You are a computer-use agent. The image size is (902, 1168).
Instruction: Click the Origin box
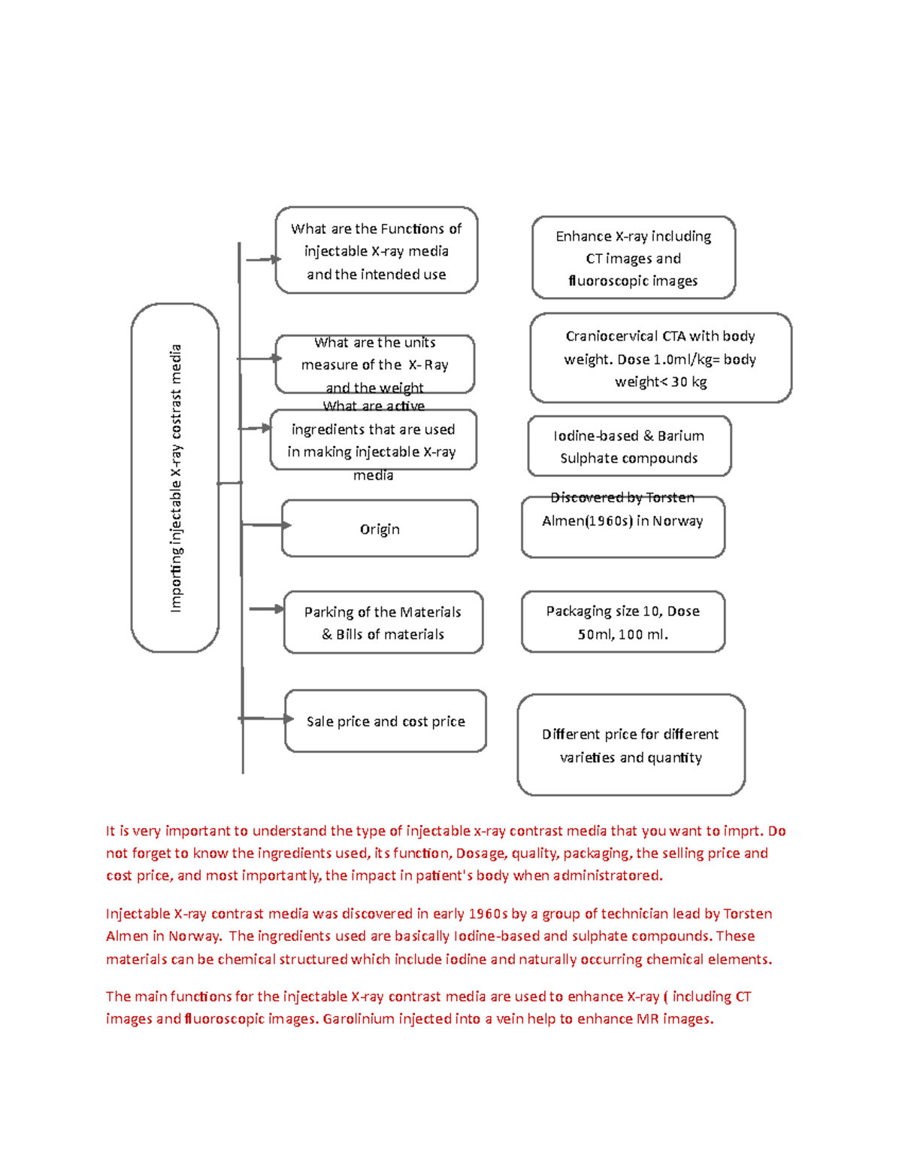(380, 529)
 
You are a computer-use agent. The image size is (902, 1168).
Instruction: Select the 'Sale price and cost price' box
(386, 721)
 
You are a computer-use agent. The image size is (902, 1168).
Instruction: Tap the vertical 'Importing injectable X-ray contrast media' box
(175, 478)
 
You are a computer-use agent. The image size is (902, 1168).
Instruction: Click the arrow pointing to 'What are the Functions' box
(263, 259)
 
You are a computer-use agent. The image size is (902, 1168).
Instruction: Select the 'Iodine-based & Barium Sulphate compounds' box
(629, 446)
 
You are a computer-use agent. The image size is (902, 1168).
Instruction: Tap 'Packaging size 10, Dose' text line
(622, 611)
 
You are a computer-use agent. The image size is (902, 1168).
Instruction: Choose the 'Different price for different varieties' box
(631, 745)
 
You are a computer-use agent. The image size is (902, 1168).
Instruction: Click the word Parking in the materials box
(328, 612)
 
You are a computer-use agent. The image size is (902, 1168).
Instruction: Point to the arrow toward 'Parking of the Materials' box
(267, 608)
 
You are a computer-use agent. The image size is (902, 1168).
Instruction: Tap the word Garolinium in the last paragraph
(359, 1019)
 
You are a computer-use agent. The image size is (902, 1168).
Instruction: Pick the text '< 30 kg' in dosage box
(682, 382)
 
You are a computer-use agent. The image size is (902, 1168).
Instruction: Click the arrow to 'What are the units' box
(259, 358)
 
